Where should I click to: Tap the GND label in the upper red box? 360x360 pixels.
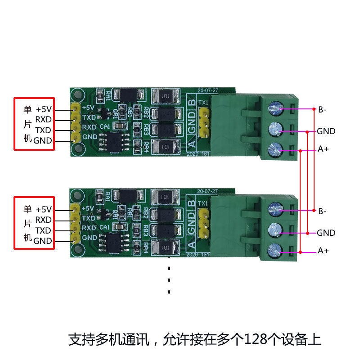tap(43, 141)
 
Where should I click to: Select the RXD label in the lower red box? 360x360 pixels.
tap(43, 220)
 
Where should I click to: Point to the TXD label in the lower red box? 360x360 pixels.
tap(43, 230)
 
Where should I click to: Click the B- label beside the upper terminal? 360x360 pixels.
tap(323, 109)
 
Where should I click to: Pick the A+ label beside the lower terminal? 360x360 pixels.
tap(323, 251)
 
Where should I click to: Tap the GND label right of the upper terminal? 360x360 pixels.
tap(326, 131)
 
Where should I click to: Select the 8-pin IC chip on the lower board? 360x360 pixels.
tap(111, 244)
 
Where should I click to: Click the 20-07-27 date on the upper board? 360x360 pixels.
tap(207, 90)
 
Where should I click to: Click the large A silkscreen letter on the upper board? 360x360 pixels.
tap(191, 144)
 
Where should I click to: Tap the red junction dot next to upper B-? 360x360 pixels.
tap(313, 109)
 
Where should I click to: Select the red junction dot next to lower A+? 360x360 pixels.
tap(301, 251)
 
